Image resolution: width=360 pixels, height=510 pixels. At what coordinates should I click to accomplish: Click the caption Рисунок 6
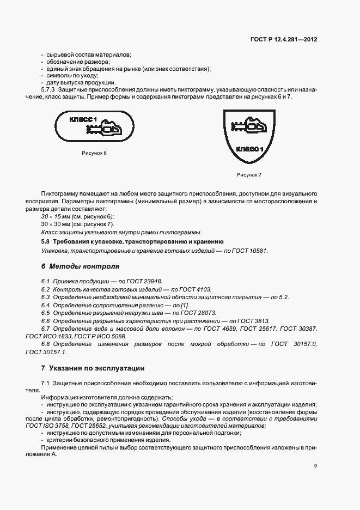click(94, 153)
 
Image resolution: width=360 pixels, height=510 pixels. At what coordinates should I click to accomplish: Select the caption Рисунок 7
click(249, 174)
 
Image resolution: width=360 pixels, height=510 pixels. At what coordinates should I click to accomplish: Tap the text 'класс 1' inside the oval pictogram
click(83, 119)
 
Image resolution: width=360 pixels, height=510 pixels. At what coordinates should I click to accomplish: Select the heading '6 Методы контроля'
click(80, 266)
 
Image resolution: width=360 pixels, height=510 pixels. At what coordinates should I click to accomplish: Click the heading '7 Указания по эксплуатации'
click(93, 368)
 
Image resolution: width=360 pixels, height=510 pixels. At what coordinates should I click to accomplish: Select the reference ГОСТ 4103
click(196, 289)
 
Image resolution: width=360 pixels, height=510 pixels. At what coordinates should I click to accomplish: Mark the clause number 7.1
click(45, 384)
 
